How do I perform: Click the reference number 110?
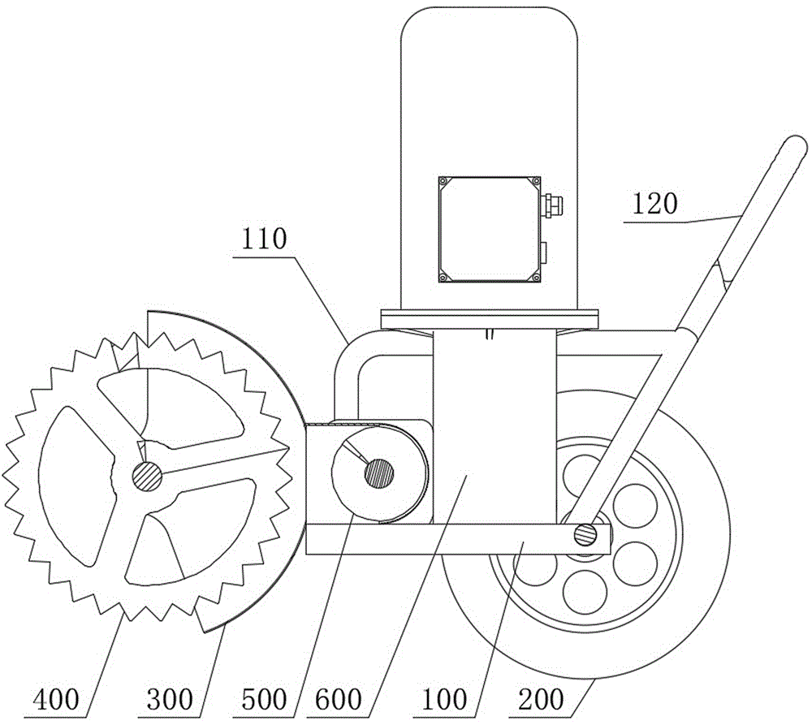[263, 240]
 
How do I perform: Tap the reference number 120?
[654, 204]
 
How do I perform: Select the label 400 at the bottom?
[56, 699]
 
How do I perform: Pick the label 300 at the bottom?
[170, 699]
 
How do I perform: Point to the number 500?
[264, 699]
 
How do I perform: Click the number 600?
[338, 699]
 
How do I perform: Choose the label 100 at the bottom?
[444, 699]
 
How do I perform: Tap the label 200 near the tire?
[541, 699]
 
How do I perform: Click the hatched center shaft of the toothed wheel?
[147, 475]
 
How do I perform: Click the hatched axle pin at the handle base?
[585, 534]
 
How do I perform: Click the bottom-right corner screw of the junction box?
[535, 278]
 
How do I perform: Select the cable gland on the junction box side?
[552, 204]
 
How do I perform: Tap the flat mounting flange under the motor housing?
[490, 318]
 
